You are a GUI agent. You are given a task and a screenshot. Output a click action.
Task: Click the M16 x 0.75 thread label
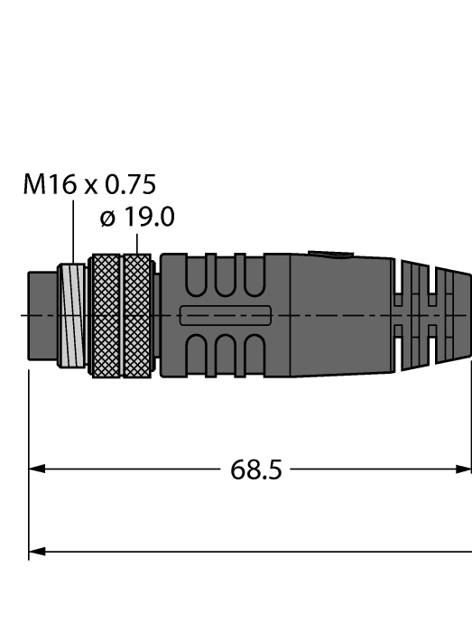coord(89,185)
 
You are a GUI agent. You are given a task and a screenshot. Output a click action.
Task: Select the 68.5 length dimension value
coord(256,470)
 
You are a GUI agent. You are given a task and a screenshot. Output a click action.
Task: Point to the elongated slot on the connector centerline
coord(226,315)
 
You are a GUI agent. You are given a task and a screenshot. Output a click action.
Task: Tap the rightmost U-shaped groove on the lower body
coord(255,354)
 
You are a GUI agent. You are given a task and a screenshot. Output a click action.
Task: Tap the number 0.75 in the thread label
coord(130,185)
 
